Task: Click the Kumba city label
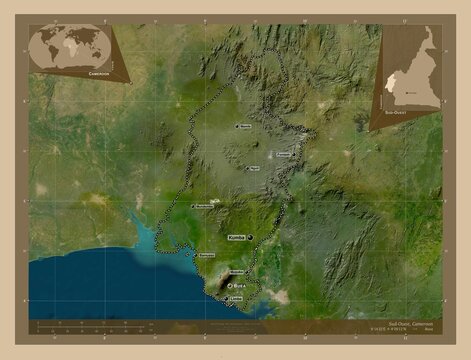click(x=236, y=237)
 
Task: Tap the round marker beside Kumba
click(x=249, y=237)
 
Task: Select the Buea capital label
click(x=240, y=285)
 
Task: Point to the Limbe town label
click(x=236, y=298)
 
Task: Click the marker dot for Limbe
click(x=226, y=298)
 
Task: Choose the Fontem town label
click(x=284, y=155)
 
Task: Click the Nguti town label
click(x=255, y=168)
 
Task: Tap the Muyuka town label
click(x=238, y=271)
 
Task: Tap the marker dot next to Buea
click(x=229, y=285)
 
